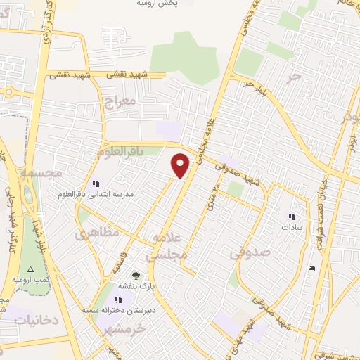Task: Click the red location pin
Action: pyautogui.click(x=181, y=165)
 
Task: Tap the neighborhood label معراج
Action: pyautogui.click(x=118, y=102)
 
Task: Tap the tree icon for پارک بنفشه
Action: pyautogui.click(x=136, y=276)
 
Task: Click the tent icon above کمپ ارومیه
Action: pyautogui.click(x=29, y=270)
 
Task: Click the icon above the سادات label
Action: pyautogui.click(x=291, y=217)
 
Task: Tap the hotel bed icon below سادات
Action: pyautogui.click(x=312, y=267)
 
